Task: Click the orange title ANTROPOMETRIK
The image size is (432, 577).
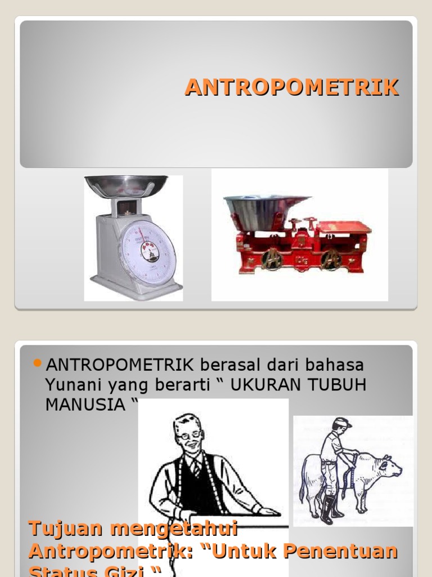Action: pyautogui.click(x=292, y=87)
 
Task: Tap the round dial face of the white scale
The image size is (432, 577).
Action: pyautogui.click(x=147, y=252)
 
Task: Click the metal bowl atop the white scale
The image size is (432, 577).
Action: pyautogui.click(x=126, y=185)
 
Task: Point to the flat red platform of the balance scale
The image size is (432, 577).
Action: pyautogui.click(x=344, y=227)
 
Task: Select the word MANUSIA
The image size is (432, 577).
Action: pyautogui.click(x=85, y=405)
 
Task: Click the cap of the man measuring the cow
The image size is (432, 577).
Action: pyautogui.click(x=341, y=423)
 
